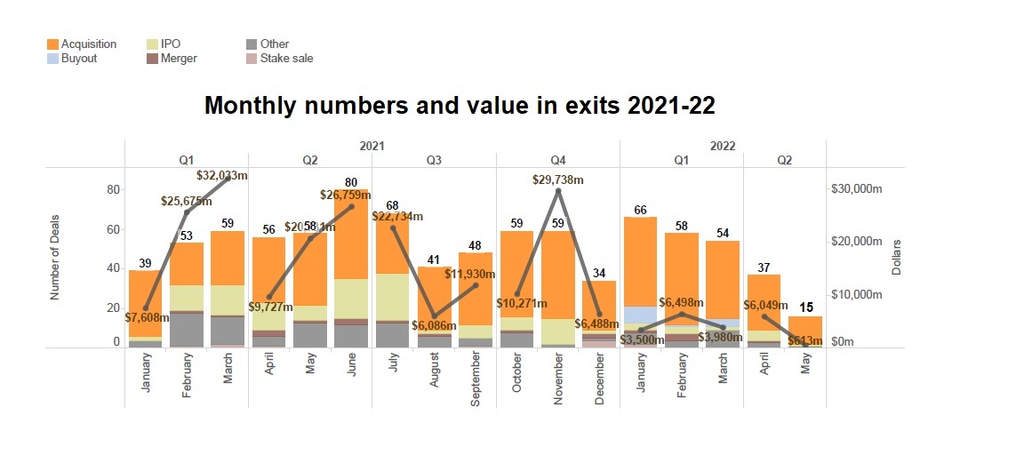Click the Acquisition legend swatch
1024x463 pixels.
(52, 44)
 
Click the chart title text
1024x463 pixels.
(460, 106)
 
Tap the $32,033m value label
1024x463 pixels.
(221, 176)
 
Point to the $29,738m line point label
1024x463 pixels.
(557, 180)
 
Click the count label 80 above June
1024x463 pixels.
(351, 182)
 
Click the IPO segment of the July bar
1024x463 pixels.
(392, 297)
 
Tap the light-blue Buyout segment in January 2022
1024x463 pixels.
(639, 315)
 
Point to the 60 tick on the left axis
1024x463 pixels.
(114, 229)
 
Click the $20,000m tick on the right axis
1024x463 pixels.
(855, 242)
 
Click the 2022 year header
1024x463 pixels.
(722, 146)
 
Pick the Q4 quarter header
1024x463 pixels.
(557, 161)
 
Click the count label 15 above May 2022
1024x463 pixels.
(805, 307)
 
